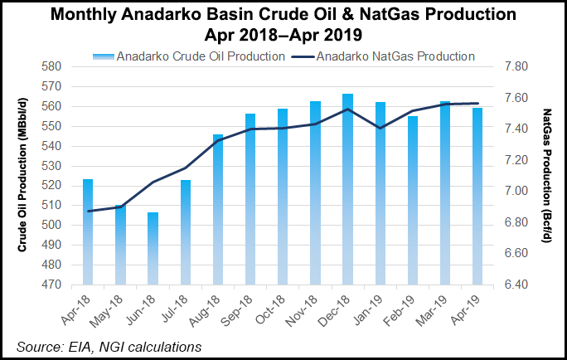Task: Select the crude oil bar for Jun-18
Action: click(153, 249)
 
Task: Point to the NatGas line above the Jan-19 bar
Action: click(380, 128)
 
